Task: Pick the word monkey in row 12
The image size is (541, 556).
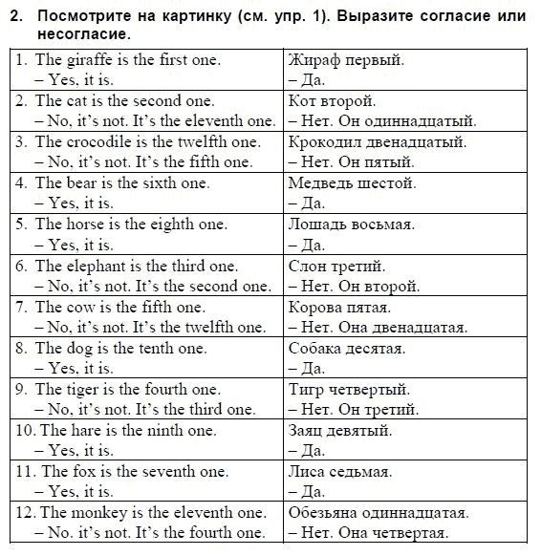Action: click(x=106, y=512)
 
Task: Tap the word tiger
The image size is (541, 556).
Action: click(x=84, y=389)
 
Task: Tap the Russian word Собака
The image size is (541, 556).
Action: click(x=316, y=348)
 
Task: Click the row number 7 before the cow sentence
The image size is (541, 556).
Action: click(x=21, y=307)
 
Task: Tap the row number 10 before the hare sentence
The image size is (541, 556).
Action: click(x=23, y=430)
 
